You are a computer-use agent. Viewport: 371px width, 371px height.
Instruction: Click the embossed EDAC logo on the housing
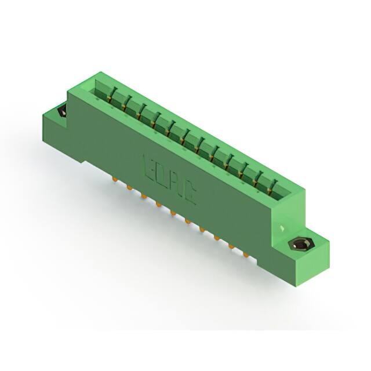[169, 180]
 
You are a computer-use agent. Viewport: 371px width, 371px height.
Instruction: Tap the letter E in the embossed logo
[148, 164]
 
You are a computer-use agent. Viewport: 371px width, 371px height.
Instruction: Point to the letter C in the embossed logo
[189, 198]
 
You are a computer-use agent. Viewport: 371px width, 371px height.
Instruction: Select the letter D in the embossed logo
[162, 175]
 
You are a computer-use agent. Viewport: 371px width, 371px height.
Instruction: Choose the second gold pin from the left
[128, 187]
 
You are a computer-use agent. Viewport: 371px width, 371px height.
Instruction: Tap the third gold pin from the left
[143, 196]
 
